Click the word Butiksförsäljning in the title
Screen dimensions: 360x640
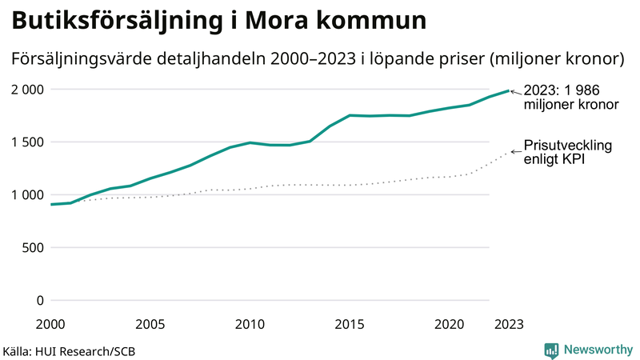click(111, 22)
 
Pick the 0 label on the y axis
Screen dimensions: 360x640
click(40, 301)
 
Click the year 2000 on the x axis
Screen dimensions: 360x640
click(50, 324)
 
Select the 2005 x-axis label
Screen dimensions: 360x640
click(150, 324)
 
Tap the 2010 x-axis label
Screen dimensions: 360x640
click(250, 324)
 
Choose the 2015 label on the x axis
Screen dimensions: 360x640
click(350, 324)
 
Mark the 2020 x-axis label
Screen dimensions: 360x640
click(449, 324)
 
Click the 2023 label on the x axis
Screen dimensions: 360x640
click(509, 324)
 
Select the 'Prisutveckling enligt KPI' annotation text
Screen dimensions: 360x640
click(567, 153)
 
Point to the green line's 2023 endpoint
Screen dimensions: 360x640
click(509, 90)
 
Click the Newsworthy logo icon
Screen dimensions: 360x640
click(551, 350)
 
